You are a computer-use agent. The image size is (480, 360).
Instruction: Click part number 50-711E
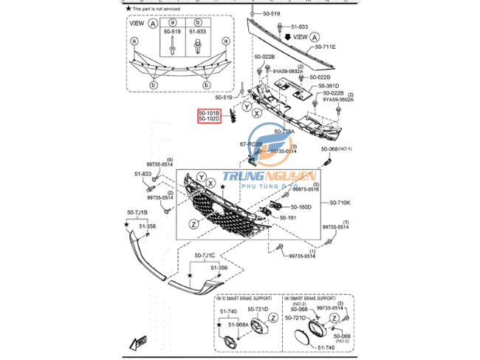click(325, 47)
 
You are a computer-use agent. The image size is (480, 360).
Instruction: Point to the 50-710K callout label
click(340, 202)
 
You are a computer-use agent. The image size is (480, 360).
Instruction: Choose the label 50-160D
click(301, 207)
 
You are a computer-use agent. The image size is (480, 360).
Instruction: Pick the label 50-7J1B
click(137, 213)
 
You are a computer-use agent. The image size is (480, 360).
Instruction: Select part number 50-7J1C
click(205, 256)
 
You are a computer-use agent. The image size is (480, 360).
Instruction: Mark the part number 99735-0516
click(304, 189)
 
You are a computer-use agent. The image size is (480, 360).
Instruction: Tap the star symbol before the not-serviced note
click(128, 7)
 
